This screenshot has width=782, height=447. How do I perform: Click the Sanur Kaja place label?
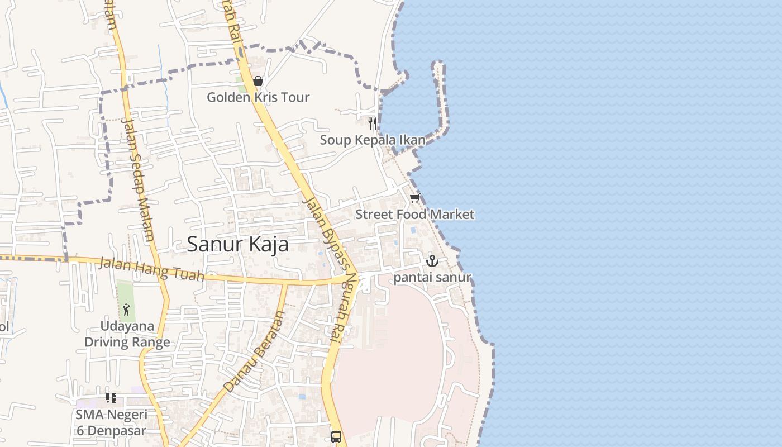click(x=237, y=245)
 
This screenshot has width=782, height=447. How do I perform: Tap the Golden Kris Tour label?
click(x=258, y=97)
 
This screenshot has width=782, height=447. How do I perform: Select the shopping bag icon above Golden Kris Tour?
click(x=258, y=82)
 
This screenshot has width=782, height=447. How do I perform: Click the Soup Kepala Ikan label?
click(x=373, y=140)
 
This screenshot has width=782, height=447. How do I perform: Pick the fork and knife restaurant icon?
click(x=372, y=122)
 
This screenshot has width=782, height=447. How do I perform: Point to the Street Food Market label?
click(x=415, y=215)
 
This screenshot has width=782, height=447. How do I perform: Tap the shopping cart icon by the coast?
click(x=414, y=198)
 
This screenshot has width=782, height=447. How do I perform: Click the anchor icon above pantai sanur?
click(x=432, y=261)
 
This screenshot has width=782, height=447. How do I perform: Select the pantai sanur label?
click(x=433, y=278)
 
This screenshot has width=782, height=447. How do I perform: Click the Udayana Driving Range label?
click(x=127, y=334)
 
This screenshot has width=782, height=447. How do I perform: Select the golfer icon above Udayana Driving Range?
click(x=127, y=309)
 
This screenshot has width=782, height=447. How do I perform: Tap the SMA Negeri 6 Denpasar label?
click(x=112, y=422)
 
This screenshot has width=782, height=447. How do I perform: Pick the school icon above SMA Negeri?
click(x=111, y=398)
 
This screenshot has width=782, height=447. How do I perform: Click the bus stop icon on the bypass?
click(x=336, y=436)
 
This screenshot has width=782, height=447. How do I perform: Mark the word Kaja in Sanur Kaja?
click(x=266, y=245)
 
